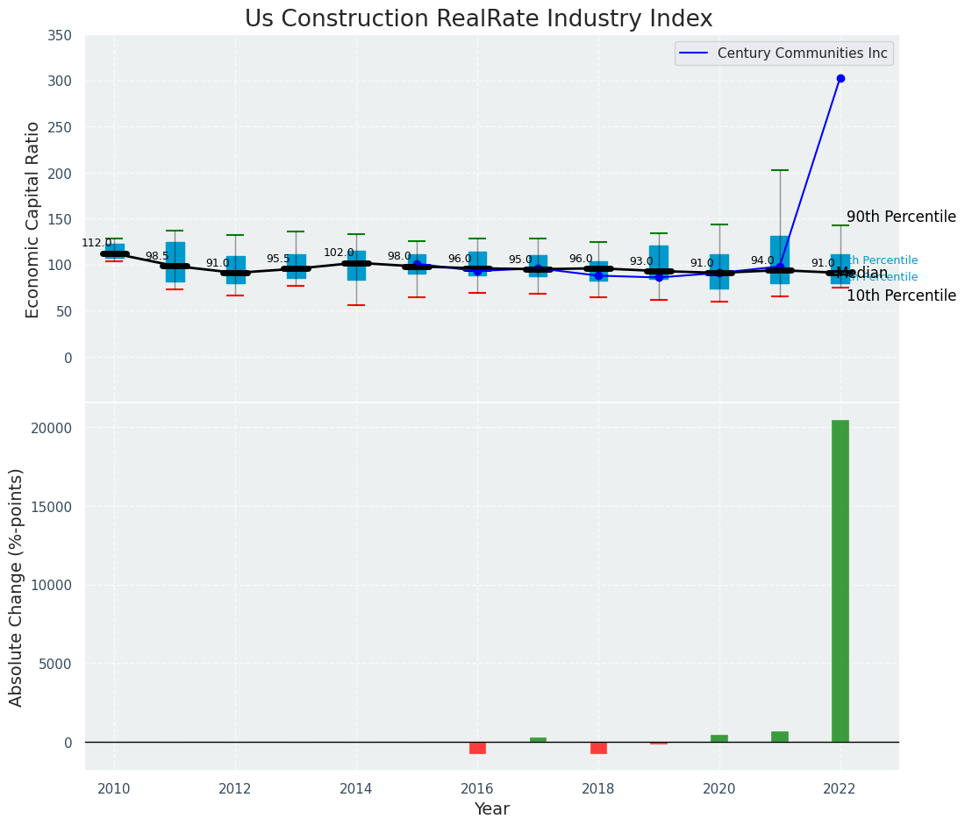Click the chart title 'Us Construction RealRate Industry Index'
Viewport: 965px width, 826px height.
(x=478, y=19)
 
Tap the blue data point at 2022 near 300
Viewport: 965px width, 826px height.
(x=840, y=79)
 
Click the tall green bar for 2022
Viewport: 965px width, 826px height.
(x=840, y=580)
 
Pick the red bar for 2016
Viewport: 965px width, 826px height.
(x=477, y=748)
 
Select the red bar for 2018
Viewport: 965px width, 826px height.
(x=598, y=748)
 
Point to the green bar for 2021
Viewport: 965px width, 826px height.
(x=780, y=737)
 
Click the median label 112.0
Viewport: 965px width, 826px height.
(x=96, y=244)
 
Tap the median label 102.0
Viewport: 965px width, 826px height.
(x=339, y=253)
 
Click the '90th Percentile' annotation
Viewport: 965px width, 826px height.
(x=901, y=217)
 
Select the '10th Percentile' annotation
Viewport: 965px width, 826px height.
(x=901, y=296)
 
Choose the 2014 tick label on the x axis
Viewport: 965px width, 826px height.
(x=356, y=789)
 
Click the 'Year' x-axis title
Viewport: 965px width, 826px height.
(x=491, y=809)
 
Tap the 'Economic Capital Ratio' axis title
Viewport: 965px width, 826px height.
(x=33, y=219)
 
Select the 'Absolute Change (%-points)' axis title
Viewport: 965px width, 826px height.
(x=17, y=587)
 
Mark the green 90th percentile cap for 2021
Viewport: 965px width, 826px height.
(x=780, y=170)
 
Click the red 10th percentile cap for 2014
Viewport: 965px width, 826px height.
(x=356, y=305)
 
